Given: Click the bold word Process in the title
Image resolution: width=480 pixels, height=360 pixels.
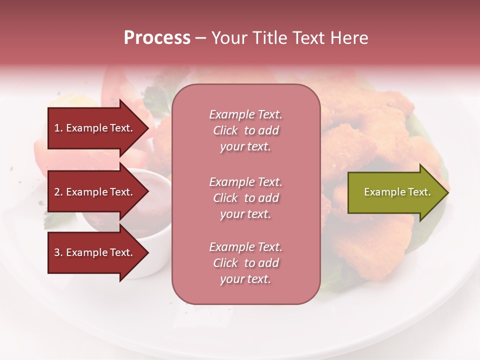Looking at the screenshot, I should coord(157,38).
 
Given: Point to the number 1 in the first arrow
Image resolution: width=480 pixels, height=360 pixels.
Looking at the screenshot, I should coord(56,128).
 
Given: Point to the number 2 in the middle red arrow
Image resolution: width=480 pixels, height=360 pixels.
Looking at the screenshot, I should coord(57,192).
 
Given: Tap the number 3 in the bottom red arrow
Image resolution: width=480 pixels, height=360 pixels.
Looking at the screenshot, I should coord(57,252).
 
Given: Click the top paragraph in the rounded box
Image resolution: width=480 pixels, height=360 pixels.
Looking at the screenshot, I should coord(245,130).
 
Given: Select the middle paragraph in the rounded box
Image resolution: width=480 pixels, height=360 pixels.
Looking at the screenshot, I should coord(245,198).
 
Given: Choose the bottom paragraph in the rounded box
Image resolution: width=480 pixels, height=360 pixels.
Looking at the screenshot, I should coord(245,263).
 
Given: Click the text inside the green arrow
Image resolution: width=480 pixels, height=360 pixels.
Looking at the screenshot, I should coord(397,192).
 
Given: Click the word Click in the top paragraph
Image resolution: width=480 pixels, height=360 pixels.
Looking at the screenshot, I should coord(225,130).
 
